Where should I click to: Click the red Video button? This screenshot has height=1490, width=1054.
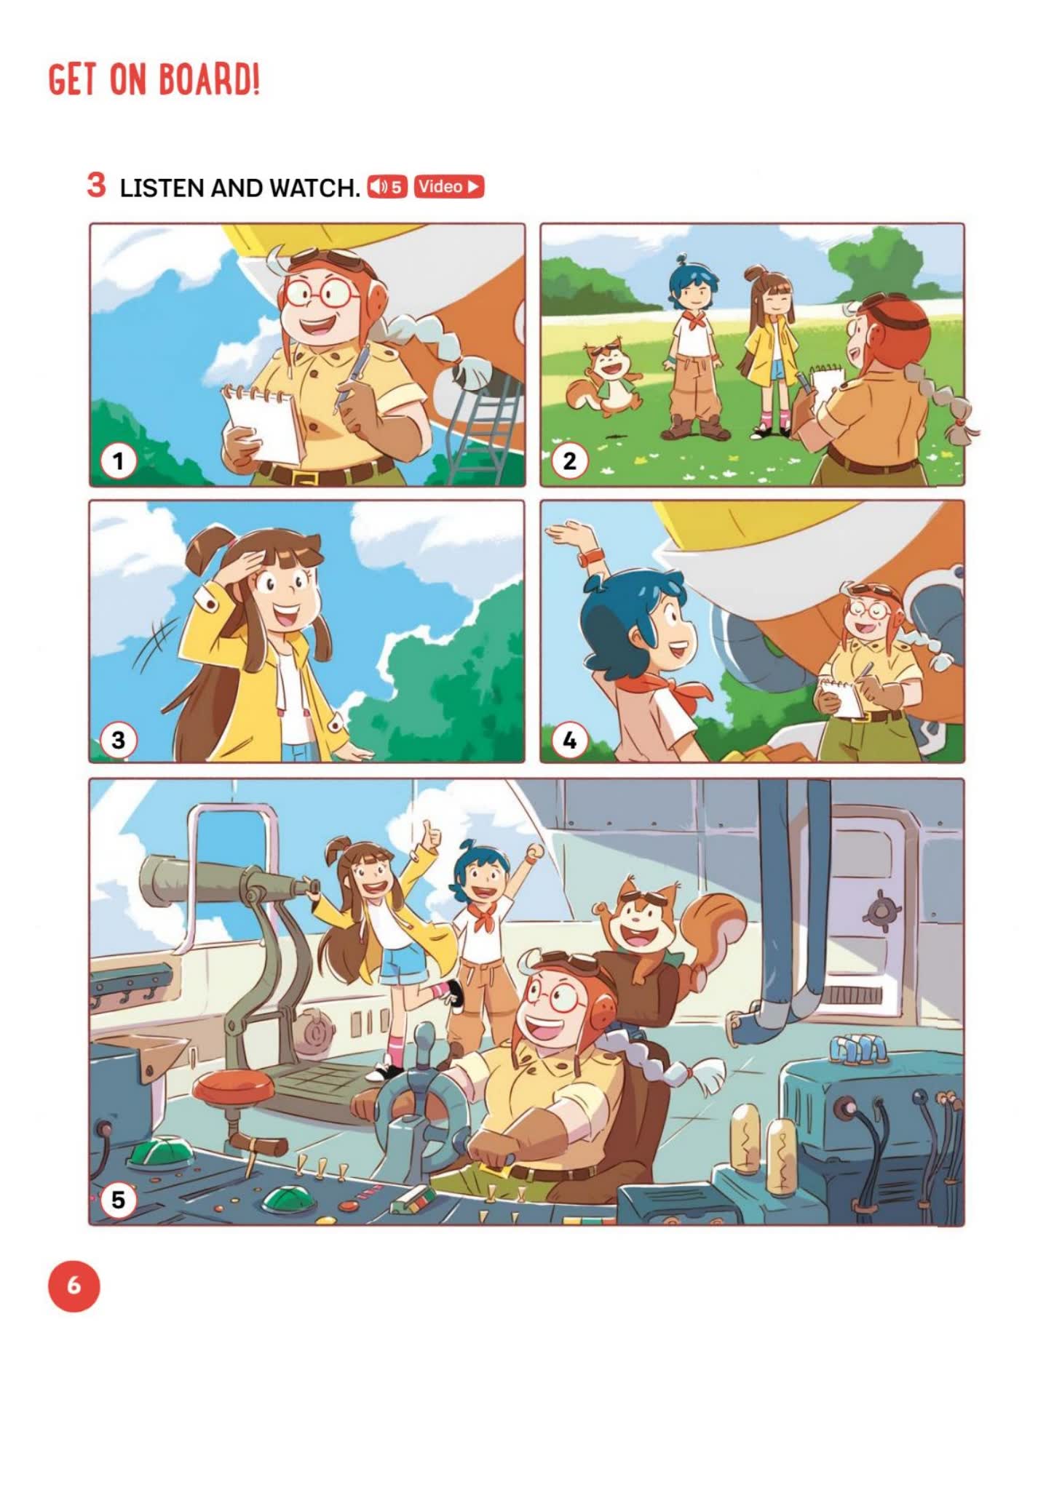[449, 187]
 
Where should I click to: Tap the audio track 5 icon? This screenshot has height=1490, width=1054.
[387, 187]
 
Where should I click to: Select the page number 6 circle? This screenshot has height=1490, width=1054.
[74, 1286]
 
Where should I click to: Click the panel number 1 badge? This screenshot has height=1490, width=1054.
[118, 461]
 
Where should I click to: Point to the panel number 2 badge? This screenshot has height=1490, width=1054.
[569, 461]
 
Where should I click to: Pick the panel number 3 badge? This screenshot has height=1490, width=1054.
[118, 740]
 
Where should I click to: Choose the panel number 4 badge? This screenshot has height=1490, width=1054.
[569, 740]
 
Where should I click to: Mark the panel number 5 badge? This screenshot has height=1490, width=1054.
[118, 1198]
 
